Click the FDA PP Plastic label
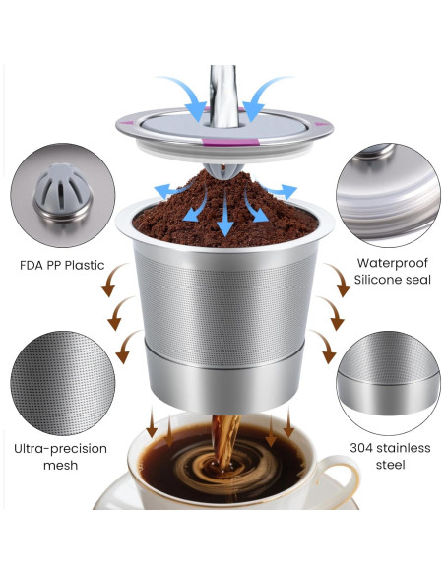[x=62, y=265]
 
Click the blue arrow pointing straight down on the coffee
[x=225, y=218]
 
